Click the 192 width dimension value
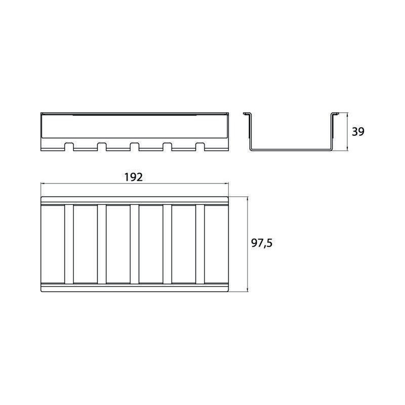pyautogui.click(x=133, y=177)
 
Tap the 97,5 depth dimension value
pyautogui.click(x=262, y=243)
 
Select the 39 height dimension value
pyautogui.click(x=358, y=132)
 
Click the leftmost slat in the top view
pyautogui.click(x=69, y=244)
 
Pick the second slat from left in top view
pyautogui.click(x=102, y=244)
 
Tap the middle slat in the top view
pyautogui.click(x=135, y=244)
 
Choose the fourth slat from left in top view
pyautogui.click(x=168, y=244)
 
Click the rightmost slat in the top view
pyautogui.click(x=200, y=244)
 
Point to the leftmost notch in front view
pyautogui.click(x=69, y=146)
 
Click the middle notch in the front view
pyautogui.click(x=135, y=146)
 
